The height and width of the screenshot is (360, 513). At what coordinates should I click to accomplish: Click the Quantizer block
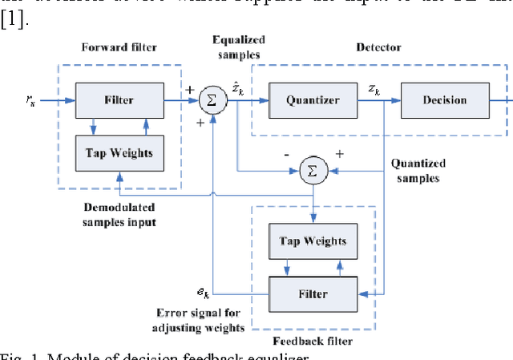(302, 100)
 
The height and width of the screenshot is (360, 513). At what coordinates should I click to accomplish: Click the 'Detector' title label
(378, 47)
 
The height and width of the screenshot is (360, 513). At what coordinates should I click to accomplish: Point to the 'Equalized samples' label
(240, 47)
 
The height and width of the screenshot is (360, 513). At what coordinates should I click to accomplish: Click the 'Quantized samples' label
(418, 171)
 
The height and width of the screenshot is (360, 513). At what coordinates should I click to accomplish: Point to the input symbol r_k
(31, 100)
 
